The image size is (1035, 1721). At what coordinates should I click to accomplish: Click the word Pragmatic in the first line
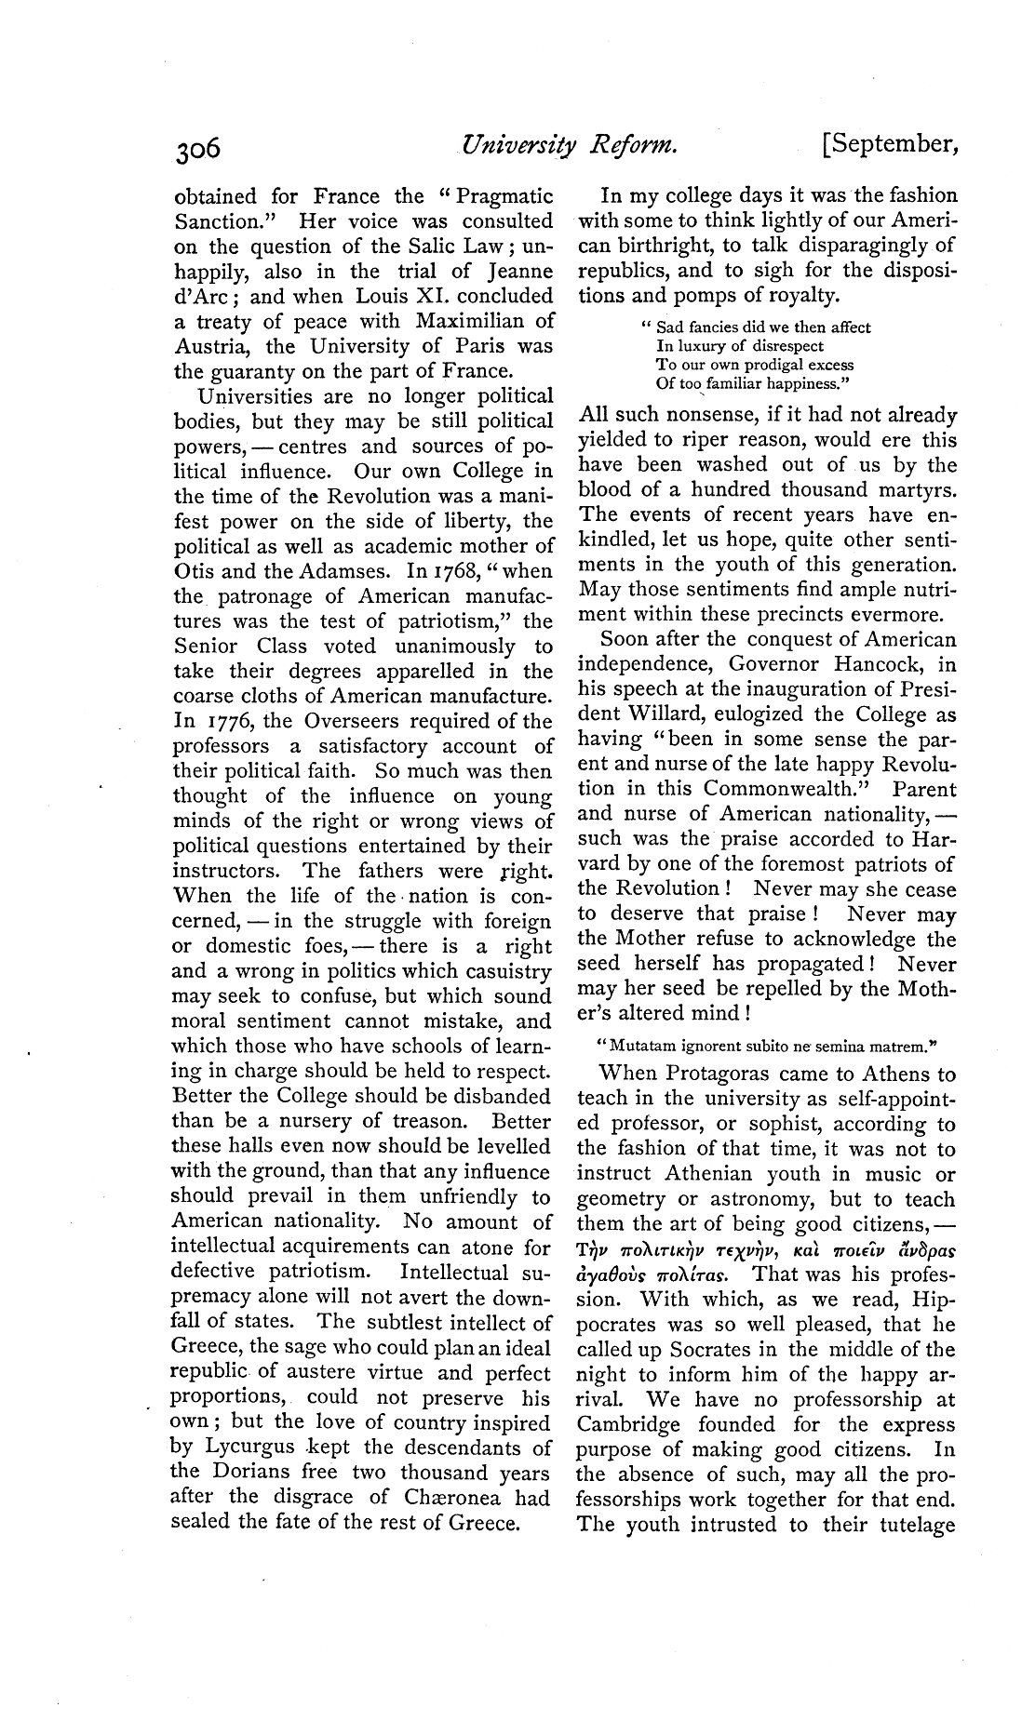[500, 196]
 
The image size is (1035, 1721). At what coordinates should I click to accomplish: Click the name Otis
[192, 571]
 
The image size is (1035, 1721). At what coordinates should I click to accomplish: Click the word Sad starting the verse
[669, 327]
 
